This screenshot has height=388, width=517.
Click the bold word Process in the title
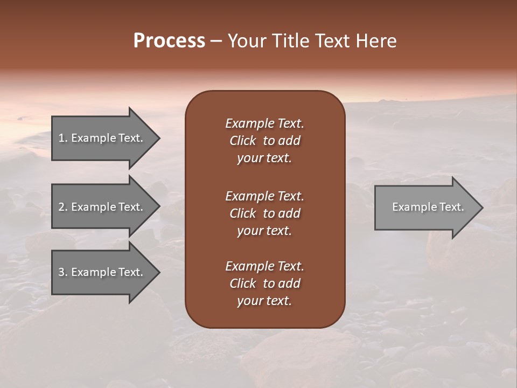(x=169, y=41)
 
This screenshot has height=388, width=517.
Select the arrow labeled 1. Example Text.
(x=102, y=138)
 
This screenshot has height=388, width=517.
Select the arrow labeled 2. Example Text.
(x=102, y=207)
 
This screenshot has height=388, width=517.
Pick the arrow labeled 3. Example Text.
(x=102, y=272)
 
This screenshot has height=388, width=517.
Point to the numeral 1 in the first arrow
(x=61, y=138)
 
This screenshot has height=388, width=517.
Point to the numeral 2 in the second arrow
(x=61, y=207)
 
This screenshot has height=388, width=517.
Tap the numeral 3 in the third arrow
(x=61, y=272)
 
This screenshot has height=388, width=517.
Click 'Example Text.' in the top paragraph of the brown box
(x=264, y=123)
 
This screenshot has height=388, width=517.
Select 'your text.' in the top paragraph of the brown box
(x=264, y=158)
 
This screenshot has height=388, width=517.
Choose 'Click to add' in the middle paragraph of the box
(x=264, y=213)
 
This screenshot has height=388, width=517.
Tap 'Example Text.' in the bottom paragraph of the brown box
(x=264, y=266)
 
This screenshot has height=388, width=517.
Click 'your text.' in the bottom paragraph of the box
(x=264, y=301)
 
